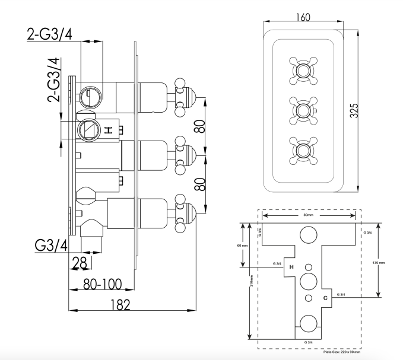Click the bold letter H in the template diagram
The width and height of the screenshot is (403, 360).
[290, 267]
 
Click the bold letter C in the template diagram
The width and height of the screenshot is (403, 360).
[325, 297]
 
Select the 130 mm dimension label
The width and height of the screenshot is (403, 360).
[378, 262]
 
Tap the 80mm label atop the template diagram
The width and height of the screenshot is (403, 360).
[308, 215]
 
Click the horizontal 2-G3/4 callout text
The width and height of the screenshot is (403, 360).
[50, 36]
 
